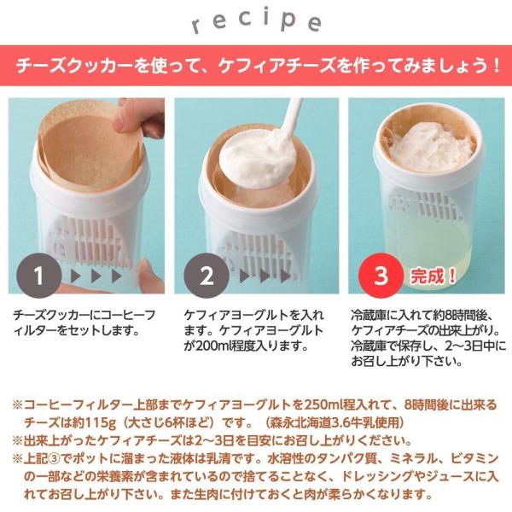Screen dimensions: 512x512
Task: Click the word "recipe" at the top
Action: (256, 22)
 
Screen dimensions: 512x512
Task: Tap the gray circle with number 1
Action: (39, 276)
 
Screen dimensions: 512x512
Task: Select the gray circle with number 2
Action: (207, 276)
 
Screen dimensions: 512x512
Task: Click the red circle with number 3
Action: (381, 276)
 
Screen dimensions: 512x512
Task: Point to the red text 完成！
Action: (433, 276)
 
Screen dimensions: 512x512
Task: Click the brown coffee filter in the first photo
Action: (88, 147)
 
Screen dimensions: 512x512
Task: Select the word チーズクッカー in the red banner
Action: (75, 66)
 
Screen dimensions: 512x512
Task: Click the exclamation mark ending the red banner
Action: (496, 66)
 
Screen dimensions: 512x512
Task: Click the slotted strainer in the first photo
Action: (88, 238)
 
